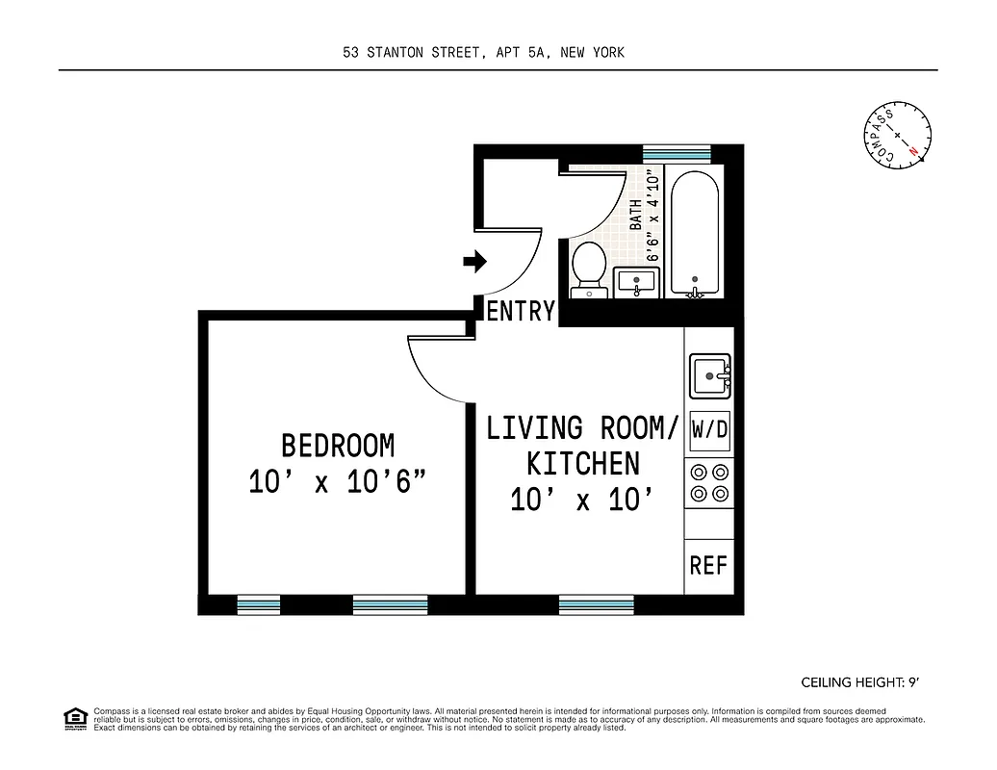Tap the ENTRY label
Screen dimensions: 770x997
pyautogui.click(x=521, y=311)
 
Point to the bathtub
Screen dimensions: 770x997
pyautogui.click(x=693, y=235)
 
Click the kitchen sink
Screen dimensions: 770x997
pyautogui.click(x=709, y=375)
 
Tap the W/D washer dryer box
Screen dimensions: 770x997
pyautogui.click(x=709, y=430)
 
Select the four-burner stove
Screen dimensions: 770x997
pyautogui.click(x=709, y=483)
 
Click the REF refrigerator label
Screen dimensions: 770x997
pyautogui.click(x=708, y=565)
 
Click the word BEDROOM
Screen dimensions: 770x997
pyautogui.click(x=337, y=446)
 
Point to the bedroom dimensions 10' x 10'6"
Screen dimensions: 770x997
pyautogui.click(x=337, y=482)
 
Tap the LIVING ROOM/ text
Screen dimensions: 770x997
pyautogui.click(x=582, y=427)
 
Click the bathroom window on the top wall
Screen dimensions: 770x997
pyautogui.click(x=677, y=152)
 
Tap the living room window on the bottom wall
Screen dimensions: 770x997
pyautogui.click(x=596, y=604)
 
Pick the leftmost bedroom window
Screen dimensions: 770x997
pyautogui.click(x=258, y=604)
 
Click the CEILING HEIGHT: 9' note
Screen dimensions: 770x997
pyautogui.click(x=859, y=682)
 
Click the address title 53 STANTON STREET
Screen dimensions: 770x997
pyautogui.click(x=483, y=53)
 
